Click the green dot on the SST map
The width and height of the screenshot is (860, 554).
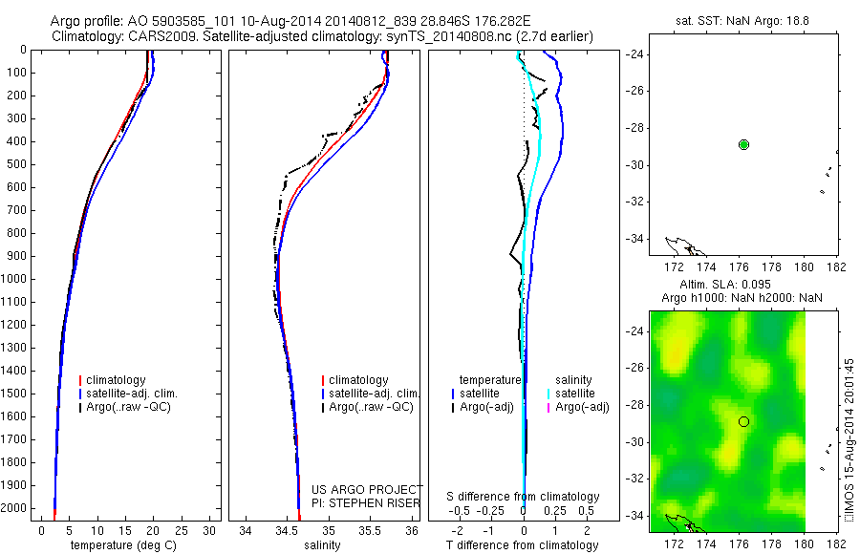(x=743, y=144)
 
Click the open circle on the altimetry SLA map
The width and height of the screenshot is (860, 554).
(x=743, y=421)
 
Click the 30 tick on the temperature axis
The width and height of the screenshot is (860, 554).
(x=211, y=529)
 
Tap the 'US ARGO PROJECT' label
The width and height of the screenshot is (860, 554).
(x=367, y=488)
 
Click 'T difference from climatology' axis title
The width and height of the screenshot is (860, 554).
(x=524, y=545)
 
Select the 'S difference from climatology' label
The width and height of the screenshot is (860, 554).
(x=524, y=497)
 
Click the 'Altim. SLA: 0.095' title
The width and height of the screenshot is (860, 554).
(x=742, y=285)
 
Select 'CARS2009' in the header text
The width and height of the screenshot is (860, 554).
(x=154, y=35)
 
